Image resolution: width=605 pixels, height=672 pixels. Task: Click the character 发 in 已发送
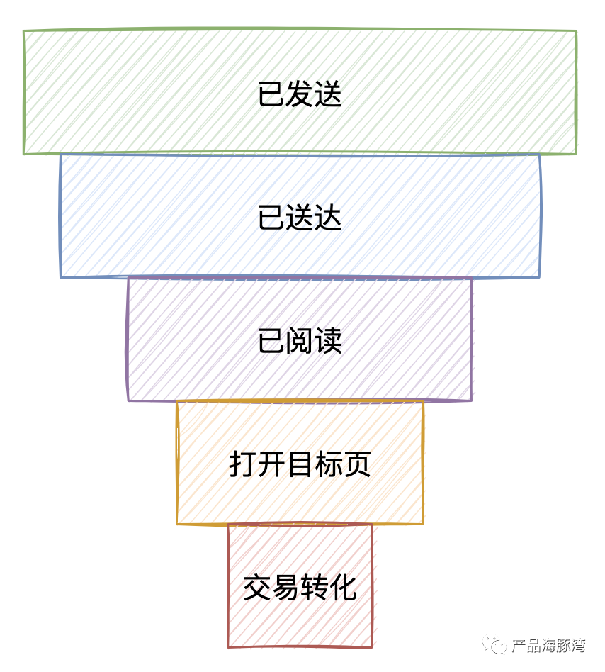[x=300, y=94]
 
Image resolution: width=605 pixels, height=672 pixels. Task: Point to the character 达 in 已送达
[x=328, y=218]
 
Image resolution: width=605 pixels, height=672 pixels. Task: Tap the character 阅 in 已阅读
[x=300, y=341]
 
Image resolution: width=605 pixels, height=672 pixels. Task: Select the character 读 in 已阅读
[x=328, y=341]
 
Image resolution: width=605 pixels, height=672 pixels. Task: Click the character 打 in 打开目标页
[x=243, y=465]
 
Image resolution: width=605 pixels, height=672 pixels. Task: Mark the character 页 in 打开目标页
[x=356, y=465]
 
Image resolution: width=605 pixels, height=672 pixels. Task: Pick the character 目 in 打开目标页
[x=300, y=465]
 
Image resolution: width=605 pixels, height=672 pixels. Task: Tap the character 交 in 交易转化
[x=257, y=588]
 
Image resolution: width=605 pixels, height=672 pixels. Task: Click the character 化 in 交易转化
[x=343, y=588]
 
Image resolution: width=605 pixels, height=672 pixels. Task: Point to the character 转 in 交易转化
[x=314, y=588]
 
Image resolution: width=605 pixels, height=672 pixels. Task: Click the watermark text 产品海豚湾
[x=548, y=646]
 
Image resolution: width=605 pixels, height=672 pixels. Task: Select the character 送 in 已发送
[x=328, y=94]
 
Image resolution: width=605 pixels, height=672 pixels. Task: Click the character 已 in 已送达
[x=271, y=218]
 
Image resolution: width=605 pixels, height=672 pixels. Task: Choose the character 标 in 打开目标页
[x=328, y=465]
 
